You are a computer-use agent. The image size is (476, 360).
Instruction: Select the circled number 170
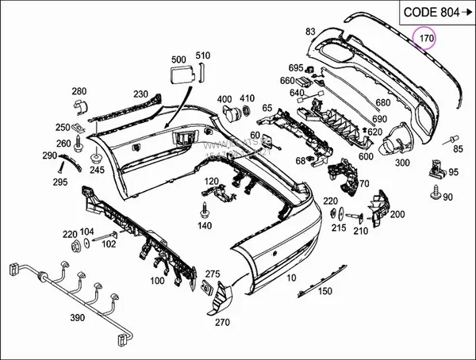point(426,37)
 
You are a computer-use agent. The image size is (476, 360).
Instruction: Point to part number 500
point(178,59)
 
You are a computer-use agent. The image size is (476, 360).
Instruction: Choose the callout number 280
point(79,91)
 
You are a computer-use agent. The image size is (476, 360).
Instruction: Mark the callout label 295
point(60,182)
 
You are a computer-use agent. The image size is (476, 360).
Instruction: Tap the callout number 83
point(309,31)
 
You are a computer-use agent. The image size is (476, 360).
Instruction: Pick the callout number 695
point(295,67)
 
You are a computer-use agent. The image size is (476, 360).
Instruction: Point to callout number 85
point(458,147)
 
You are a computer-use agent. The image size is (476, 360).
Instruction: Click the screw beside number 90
point(436,191)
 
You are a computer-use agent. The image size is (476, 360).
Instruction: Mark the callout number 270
point(221,322)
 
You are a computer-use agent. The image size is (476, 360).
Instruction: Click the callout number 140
point(205,225)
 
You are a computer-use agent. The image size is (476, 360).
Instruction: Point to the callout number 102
point(108,243)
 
